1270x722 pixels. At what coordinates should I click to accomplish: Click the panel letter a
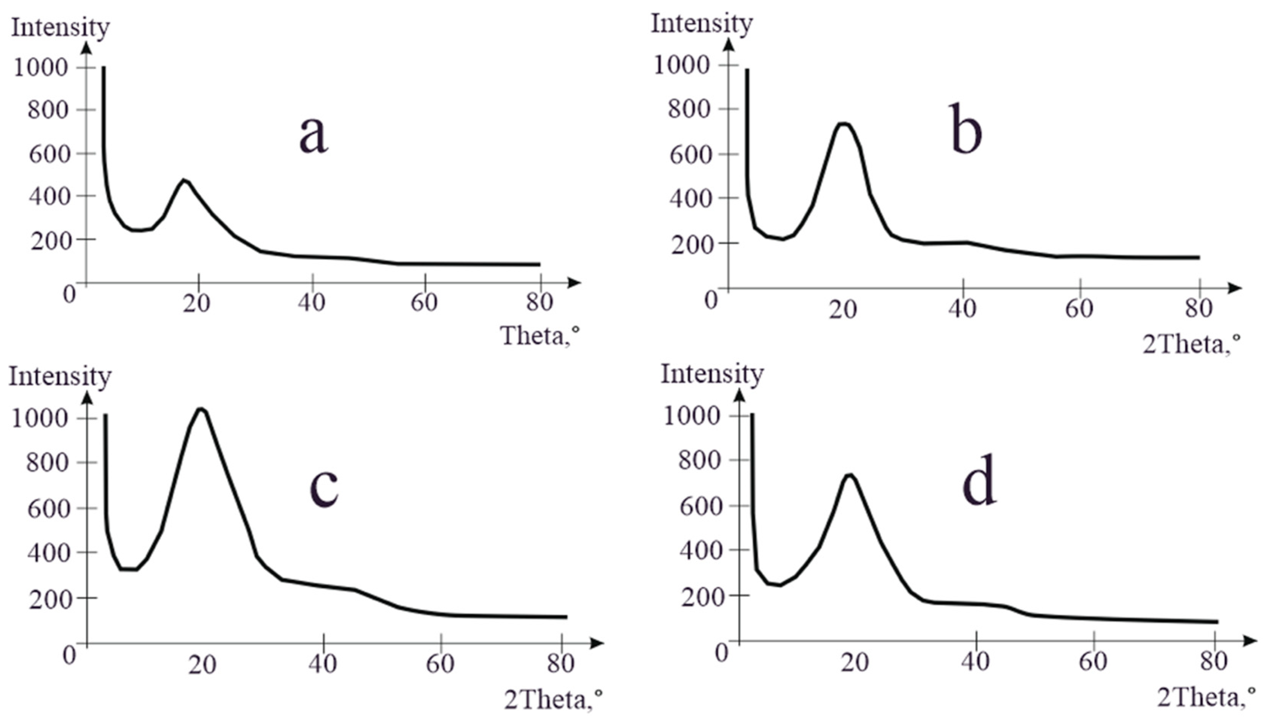click(x=314, y=136)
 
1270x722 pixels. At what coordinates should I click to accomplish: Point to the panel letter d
click(x=979, y=480)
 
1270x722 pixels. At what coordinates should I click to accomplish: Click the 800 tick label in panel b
click(x=688, y=108)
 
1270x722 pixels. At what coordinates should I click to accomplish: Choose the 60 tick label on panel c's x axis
click(x=440, y=663)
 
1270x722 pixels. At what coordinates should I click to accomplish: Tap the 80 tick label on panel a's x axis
click(x=540, y=302)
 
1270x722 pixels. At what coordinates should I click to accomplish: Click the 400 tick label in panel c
click(x=48, y=553)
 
